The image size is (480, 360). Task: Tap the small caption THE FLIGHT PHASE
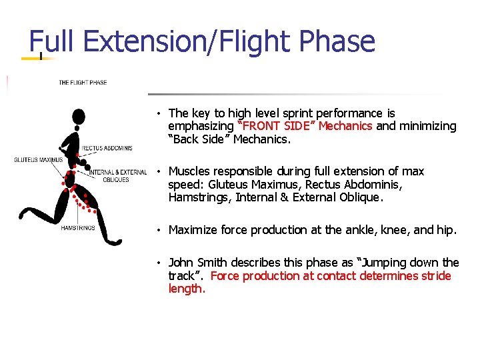point(83,83)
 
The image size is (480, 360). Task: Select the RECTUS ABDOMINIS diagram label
point(107,148)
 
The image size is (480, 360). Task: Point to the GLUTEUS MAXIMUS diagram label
point(39,159)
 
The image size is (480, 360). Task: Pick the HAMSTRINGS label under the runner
point(78,228)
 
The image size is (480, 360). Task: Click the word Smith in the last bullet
point(213,262)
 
